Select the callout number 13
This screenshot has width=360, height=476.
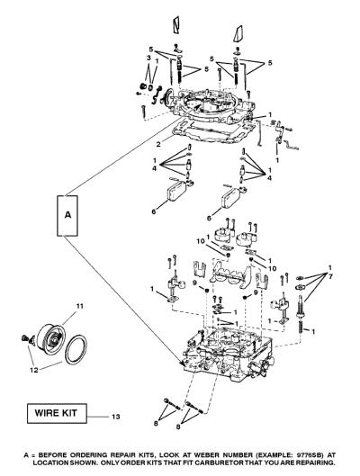point(115,417)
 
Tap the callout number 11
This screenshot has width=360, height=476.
point(79,306)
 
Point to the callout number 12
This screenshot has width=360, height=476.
point(34,370)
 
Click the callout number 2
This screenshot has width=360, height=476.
point(158,144)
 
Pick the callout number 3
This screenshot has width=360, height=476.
point(148,58)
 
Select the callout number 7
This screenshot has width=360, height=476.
point(330,276)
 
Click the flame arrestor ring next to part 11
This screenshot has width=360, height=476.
point(76,349)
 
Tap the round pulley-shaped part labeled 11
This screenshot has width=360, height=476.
point(50,340)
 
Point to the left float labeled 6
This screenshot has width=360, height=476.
point(177,191)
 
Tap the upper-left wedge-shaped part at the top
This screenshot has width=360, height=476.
point(176,24)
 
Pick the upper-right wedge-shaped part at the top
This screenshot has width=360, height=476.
point(238,33)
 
